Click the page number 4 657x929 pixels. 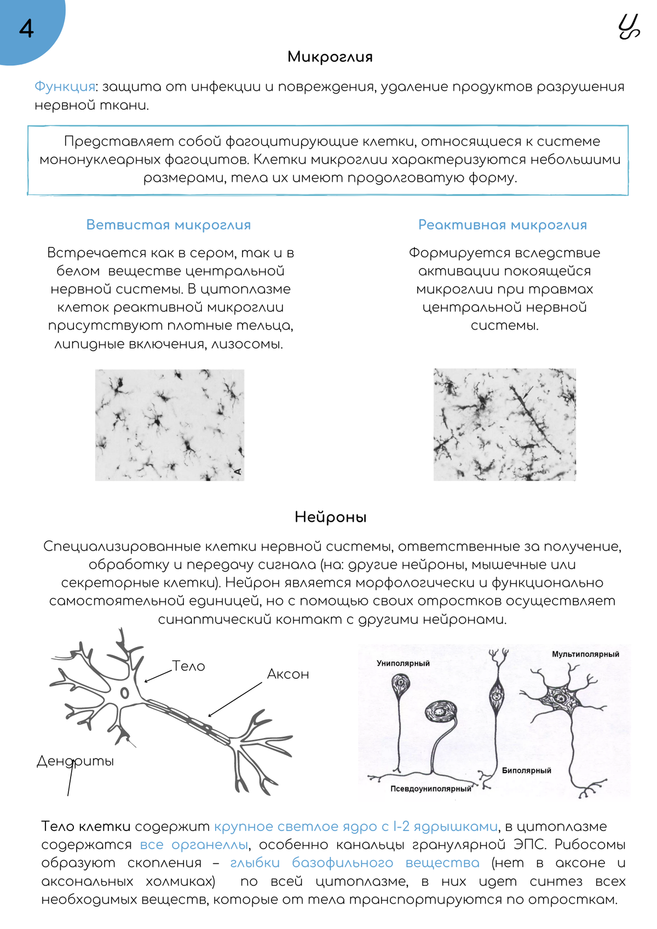tap(26, 28)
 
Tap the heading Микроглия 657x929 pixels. tap(330, 57)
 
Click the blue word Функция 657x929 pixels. tap(65, 86)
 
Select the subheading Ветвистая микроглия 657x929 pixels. tap(169, 225)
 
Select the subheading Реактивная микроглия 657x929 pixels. tap(502, 225)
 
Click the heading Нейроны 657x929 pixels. tap(330, 517)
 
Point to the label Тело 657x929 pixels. tap(188, 666)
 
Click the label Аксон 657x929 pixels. tap(288, 674)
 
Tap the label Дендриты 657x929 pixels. tap(75, 761)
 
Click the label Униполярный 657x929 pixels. tap(403, 663)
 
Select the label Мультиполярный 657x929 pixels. tap(585, 654)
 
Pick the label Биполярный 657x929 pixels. tap(526, 771)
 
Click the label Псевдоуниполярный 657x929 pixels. tap(430, 789)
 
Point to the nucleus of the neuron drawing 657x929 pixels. tap(125, 693)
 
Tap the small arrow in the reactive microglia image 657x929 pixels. tap(528, 392)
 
